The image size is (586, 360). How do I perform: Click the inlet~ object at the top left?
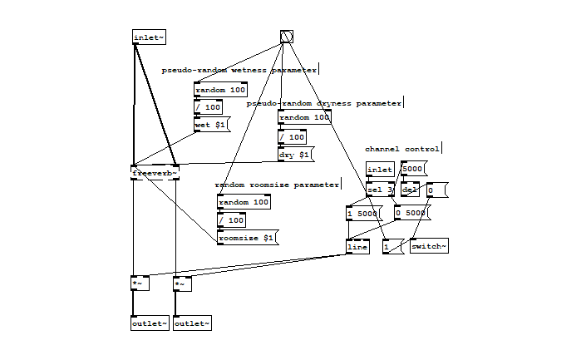[149, 37]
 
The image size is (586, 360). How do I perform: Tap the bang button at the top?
[287, 36]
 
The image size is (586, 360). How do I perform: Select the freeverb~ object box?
[155, 173]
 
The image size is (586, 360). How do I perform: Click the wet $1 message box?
[211, 126]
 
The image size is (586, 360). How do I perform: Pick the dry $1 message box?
[294, 155]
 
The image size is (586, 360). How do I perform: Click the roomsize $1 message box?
[246, 238]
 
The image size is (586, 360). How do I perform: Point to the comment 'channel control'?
[402, 149]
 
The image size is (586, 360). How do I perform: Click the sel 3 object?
[380, 190]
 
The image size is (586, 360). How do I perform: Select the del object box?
[410, 190]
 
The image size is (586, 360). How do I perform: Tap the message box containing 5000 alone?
[413, 170]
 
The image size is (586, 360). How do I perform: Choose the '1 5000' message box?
[362, 214]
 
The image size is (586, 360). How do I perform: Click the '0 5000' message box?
[411, 214]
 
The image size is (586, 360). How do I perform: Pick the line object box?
[357, 246]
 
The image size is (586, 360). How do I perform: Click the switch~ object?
[429, 246]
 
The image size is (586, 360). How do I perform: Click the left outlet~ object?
[150, 323]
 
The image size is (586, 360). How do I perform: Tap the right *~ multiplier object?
[182, 284]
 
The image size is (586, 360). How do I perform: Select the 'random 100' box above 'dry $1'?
[304, 117]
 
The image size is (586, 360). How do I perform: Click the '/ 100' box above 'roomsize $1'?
[231, 220]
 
